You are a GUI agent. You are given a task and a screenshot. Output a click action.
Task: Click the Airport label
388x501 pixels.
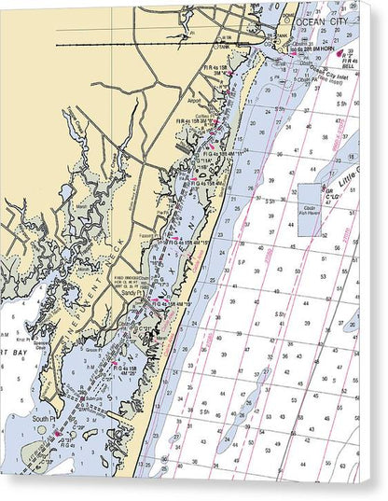tap(195, 100)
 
